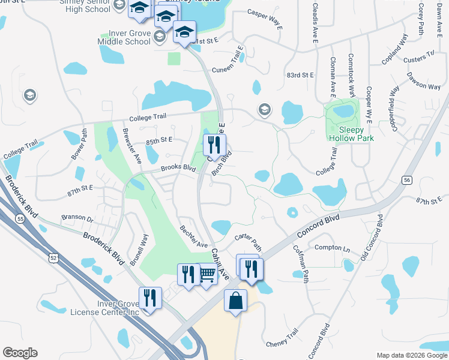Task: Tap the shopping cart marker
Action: point(207,275)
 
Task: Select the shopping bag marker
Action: point(235,301)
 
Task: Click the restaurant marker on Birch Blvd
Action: point(214,145)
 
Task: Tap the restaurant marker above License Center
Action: point(150,298)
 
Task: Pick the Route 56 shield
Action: point(408,179)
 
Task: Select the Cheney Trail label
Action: point(282,340)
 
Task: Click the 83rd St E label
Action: point(300,75)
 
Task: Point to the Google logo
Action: point(20,353)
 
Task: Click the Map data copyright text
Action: point(412,355)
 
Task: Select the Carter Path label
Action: point(249,242)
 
